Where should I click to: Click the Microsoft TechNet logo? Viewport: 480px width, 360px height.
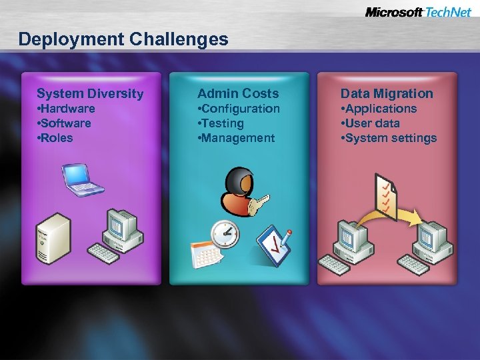(418, 12)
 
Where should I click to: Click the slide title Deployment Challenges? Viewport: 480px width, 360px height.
(123, 39)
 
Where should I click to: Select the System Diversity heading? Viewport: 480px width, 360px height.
(90, 93)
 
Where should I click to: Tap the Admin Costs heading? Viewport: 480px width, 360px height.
(238, 93)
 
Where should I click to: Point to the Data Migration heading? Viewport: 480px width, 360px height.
(387, 93)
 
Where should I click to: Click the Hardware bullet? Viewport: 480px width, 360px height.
(66, 109)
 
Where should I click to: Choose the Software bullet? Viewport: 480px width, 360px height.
(64, 123)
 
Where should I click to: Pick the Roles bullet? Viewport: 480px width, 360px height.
(55, 138)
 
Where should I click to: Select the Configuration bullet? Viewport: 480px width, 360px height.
(239, 109)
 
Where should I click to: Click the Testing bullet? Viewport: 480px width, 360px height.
(221, 123)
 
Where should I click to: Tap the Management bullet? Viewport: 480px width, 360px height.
(236, 138)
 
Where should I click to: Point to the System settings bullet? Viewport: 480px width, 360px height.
(389, 138)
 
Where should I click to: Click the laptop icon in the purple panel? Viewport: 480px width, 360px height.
(82, 178)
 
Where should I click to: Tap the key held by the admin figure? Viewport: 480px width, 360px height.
(257, 204)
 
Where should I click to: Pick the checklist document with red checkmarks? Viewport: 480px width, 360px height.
(387, 193)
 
